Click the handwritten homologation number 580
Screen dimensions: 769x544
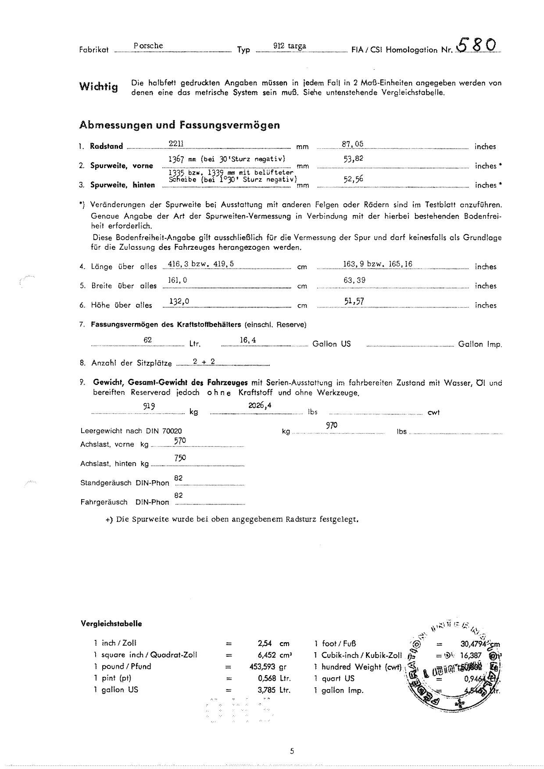click(477, 45)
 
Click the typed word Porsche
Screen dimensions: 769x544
click(148, 46)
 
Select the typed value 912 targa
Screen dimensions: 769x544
click(290, 46)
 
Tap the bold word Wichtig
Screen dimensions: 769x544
click(99, 86)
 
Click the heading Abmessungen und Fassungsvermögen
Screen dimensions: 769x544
click(179, 125)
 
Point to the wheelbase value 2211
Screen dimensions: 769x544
click(176, 144)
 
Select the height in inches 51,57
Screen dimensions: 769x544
click(354, 301)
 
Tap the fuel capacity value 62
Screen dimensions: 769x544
click(147, 340)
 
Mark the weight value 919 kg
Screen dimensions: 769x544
click(149, 406)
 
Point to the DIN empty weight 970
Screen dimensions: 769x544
click(332, 425)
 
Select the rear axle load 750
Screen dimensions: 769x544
click(180, 458)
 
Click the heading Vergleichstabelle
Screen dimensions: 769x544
click(111, 624)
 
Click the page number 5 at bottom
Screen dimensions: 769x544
click(292, 751)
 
